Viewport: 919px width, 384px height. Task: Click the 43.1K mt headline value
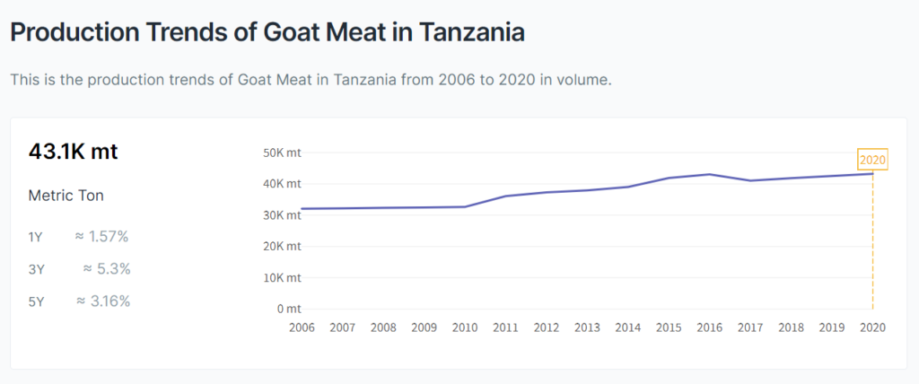pos(73,152)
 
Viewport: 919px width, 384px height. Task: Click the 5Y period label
pos(36,301)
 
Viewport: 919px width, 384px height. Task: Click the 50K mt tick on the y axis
pos(284,153)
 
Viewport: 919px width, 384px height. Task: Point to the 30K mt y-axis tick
pos(284,215)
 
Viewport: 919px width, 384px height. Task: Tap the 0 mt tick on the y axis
pos(288,309)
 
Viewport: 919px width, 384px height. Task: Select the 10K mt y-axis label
pos(284,277)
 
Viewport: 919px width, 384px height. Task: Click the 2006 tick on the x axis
pos(302,327)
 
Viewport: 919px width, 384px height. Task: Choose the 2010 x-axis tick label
pos(465,327)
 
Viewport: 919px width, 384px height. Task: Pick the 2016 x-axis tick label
pos(709,327)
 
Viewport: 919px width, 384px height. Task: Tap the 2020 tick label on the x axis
pos(872,327)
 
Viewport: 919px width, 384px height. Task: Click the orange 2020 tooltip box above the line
pos(872,160)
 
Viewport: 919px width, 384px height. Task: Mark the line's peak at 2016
pos(709,174)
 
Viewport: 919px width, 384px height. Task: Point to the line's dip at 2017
pos(750,180)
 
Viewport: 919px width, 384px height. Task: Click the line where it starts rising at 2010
pos(465,206)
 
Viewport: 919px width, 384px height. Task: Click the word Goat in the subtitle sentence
pos(258,80)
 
